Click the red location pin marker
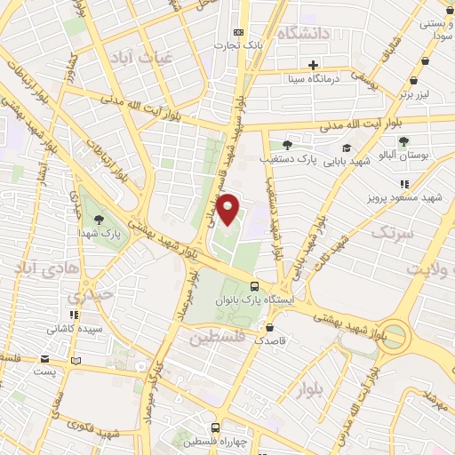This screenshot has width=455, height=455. [x=228, y=209]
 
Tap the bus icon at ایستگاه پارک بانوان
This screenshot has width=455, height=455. [x=255, y=286]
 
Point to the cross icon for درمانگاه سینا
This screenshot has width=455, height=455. [x=313, y=65]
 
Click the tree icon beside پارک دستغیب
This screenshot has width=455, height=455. [x=286, y=144]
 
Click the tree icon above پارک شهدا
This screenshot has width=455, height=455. [x=98, y=219]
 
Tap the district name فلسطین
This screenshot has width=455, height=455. [x=215, y=339]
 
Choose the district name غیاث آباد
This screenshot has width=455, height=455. [x=137, y=58]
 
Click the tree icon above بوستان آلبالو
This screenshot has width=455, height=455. [x=403, y=140]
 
